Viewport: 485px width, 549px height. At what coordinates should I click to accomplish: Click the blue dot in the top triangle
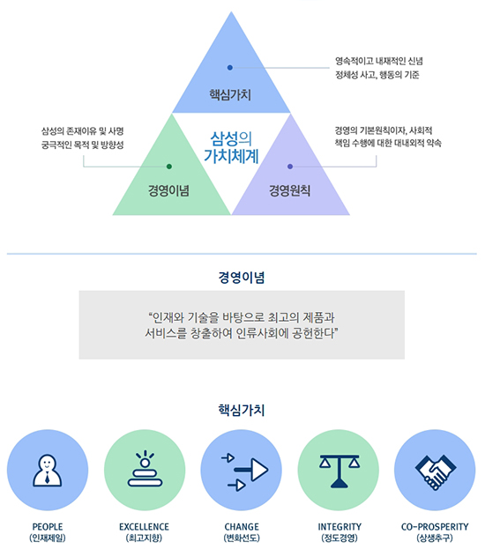point(230,68)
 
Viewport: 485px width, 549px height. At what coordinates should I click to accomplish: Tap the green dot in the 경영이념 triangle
point(169,167)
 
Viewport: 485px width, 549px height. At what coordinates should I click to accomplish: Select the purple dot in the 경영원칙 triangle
point(290,167)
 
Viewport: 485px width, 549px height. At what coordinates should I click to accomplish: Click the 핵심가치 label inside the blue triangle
point(230,94)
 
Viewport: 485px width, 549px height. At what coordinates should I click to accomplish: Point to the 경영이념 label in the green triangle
point(168,190)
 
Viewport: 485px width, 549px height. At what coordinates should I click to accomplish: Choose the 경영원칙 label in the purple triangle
point(289,190)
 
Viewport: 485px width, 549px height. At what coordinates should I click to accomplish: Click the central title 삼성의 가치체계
point(231,147)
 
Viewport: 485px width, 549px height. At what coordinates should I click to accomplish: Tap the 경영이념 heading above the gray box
point(242,277)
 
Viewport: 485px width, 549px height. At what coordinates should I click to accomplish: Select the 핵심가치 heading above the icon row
point(242,410)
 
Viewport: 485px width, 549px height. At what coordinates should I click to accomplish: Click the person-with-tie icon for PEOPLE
point(48,471)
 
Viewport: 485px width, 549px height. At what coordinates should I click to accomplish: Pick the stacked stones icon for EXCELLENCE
point(145,469)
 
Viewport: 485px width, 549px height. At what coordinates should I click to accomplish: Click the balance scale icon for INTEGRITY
point(339,471)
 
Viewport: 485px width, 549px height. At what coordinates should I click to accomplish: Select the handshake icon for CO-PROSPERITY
point(436,471)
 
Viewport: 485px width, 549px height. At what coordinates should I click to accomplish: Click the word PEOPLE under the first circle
point(48,527)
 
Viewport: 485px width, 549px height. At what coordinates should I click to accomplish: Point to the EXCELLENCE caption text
point(144,527)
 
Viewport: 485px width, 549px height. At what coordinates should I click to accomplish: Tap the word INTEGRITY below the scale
point(339,527)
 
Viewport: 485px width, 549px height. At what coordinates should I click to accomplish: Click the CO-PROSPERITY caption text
point(435,527)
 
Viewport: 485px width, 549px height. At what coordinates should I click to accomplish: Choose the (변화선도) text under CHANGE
point(242,538)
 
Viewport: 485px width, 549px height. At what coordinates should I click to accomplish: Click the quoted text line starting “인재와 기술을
point(242,317)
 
